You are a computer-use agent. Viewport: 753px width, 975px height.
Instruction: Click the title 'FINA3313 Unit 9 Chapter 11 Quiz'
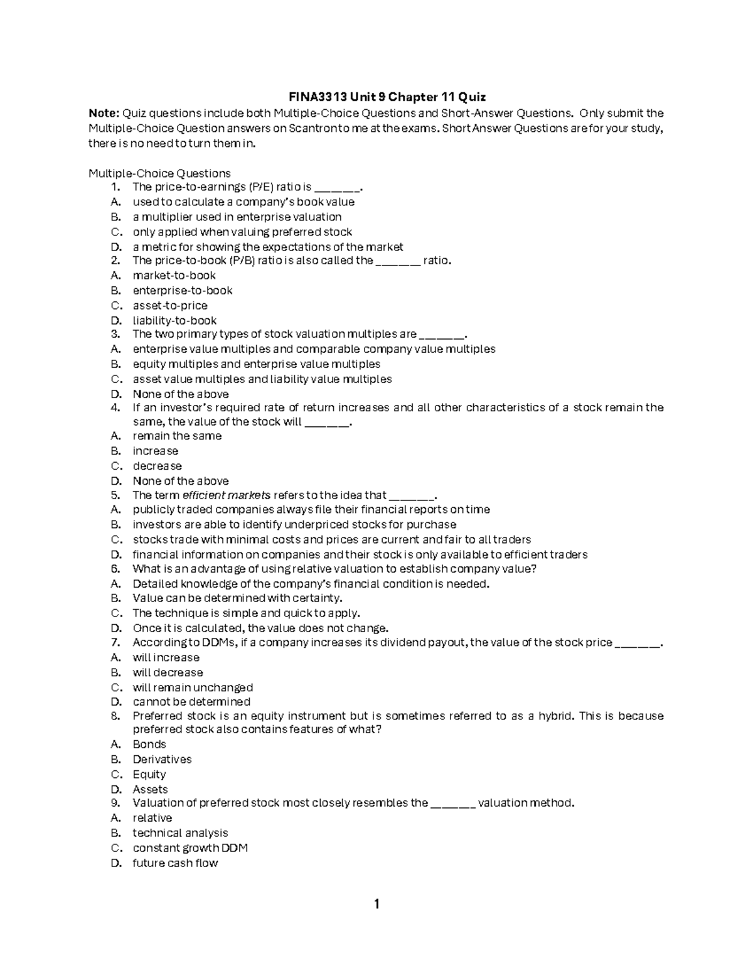[387, 97]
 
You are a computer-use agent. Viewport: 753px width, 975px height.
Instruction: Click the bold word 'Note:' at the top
[104, 114]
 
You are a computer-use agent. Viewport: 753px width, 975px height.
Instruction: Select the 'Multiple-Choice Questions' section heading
[159, 173]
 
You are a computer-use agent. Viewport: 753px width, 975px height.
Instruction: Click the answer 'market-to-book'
[174, 276]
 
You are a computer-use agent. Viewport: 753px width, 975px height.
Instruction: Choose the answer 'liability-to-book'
[174, 321]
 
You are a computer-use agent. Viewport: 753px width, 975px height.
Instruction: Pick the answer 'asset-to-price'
[169, 306]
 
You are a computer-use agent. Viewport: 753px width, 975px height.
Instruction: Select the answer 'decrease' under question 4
[157, 466]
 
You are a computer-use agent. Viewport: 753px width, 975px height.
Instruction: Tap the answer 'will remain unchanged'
[193, 687]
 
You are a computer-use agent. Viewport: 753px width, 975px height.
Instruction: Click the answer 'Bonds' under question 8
[149, 745]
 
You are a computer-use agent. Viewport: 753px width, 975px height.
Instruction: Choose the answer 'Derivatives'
[162, 760]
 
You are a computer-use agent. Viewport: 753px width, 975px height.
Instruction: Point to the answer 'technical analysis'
[180, 833]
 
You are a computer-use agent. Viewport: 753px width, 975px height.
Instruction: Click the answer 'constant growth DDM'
[190, 848]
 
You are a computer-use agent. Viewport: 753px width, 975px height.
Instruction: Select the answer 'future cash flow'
[175, 863]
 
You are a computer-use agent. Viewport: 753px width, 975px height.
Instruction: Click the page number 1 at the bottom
[376, 905]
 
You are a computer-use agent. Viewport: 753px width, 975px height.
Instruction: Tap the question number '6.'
[115, 569]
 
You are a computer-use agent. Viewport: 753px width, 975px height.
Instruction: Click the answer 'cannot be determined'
[191, 702]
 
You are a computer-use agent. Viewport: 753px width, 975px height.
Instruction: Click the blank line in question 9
[453, 804]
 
